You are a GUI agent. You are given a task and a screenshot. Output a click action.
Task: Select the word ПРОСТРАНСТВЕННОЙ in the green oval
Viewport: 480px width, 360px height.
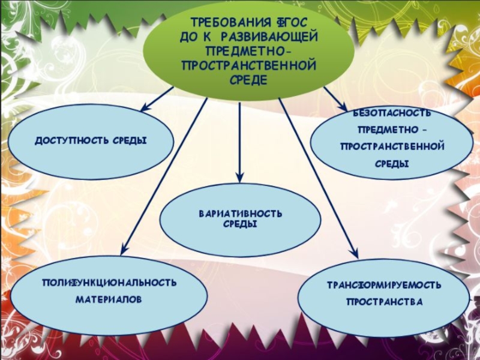coord(248,64)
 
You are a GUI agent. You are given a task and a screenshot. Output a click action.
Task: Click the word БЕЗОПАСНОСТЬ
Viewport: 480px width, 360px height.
coord(391,114)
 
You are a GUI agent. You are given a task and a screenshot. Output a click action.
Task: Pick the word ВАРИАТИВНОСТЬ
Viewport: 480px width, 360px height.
coord(240,214)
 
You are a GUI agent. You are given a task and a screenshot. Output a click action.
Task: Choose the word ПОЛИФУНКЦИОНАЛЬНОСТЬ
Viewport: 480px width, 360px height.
coord(109,282)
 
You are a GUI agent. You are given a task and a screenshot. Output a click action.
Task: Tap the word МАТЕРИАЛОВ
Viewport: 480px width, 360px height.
coord(109,298)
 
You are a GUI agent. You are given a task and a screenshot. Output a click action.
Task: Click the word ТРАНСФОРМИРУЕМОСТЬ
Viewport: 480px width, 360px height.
coord(384,284)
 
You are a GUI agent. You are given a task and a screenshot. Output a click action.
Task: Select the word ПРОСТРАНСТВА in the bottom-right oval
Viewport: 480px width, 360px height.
coord(385,301)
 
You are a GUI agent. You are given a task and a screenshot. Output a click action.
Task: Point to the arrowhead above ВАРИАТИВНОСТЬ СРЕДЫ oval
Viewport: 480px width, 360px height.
coord(239,178)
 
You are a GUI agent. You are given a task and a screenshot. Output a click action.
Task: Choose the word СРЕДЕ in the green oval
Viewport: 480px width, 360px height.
coord(248,79)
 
